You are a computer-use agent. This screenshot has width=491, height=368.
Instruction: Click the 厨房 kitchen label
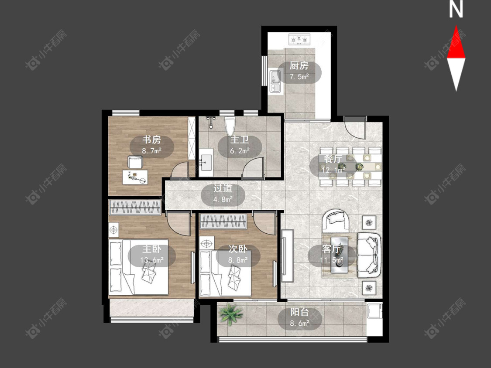click(x=299, y=66)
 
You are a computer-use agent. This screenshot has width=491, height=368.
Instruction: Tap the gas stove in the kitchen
click(x=299, y=39)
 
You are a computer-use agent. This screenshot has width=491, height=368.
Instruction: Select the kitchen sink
click(x=275, y=81)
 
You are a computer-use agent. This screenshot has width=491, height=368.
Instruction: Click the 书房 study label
click(x=151, y=140)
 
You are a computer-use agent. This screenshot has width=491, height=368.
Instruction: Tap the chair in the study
click(x=135, y=162)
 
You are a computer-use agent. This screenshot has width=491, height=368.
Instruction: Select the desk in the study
click(x=135, y=177)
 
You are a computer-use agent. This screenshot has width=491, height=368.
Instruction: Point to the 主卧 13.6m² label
click(x=152, y=254)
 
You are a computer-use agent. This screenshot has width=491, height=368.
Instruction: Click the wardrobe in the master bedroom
click(x=135, y=207)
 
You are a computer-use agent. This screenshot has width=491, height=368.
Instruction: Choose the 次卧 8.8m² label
click(x=238, y=254)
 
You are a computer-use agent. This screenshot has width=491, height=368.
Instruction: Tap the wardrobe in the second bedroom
click(x=223, y=221)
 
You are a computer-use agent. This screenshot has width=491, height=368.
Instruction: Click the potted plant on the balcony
click(x=231, y=314)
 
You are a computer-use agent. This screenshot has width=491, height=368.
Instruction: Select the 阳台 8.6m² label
click(x=300, y=317)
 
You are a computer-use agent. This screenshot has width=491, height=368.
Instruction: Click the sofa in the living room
click(x=370, y=255)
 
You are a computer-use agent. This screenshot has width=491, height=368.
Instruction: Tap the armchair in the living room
click(x=336, y=220)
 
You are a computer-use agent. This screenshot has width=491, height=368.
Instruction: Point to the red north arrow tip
click(x=456, y=26)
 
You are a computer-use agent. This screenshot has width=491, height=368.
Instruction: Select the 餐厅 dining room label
click(x=333, y=159)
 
